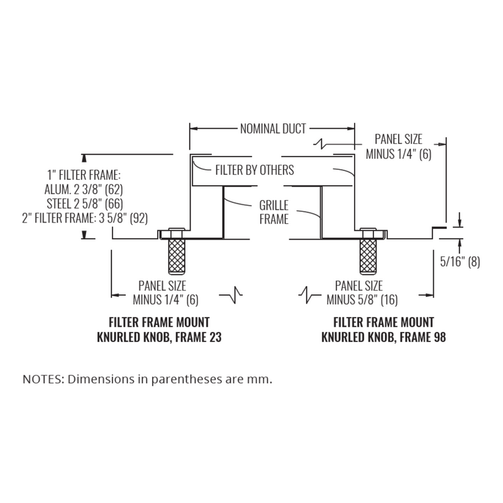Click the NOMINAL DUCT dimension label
point(273,130)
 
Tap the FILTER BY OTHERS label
point(255,170)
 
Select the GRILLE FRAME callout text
point(274,213)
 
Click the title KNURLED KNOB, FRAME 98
point(384,336)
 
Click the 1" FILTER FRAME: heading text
point(84,175)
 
